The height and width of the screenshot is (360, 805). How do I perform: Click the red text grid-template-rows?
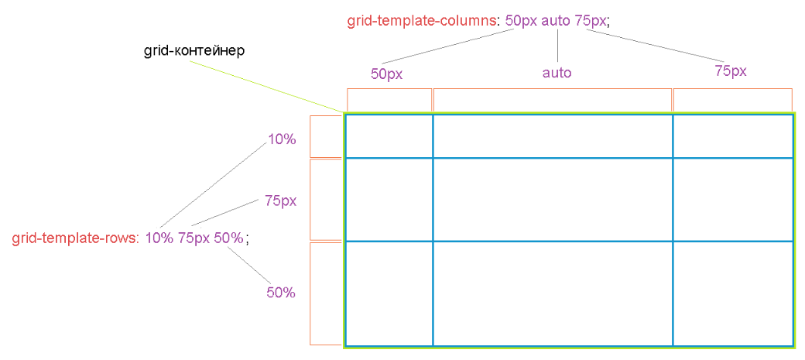[x=76, y=238]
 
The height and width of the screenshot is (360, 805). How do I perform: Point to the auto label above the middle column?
[x=557, y=73]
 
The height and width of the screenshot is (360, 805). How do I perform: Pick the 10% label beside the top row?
[x=282, y=139]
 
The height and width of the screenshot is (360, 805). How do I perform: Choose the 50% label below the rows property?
[x=281, y=293]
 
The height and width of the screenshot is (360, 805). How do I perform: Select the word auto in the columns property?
[x=555, y=22]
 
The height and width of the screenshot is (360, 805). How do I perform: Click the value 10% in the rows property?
[x=159, y=238]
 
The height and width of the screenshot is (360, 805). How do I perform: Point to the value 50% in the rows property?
[x=228, y=238]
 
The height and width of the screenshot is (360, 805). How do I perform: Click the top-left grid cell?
[x=389, y=136]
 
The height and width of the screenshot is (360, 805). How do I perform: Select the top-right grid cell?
[x=732, y=136]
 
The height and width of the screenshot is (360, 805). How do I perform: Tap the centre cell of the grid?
[x=553, y=199]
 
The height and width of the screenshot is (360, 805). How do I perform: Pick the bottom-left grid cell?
[x=389, y=293]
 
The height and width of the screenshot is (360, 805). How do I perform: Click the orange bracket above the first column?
[x=389, y=89]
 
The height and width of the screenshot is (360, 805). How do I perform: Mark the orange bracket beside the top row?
[x=310, y=136]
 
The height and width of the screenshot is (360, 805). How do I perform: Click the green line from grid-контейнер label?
[x=266, y=86]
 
